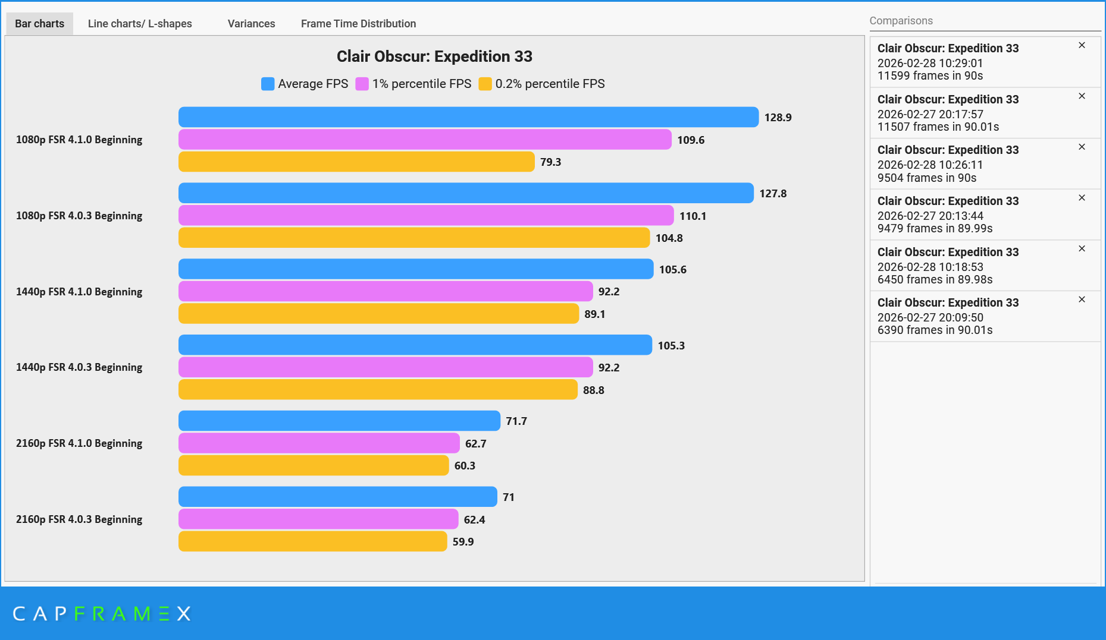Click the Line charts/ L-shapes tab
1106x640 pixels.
pos(140,24)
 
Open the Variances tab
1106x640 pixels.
pos(251,24)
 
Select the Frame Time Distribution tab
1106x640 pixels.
pos(358,24)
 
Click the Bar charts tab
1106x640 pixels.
pos(39,24)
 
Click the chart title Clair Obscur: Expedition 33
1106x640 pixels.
pos(434,56)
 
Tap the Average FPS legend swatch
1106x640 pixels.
pos(268,84)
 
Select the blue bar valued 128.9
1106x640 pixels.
pos(468,117)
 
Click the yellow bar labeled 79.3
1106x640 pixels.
pos(356,162)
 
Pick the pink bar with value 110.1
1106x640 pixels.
pos(426,216)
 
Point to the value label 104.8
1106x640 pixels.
pos(669,238)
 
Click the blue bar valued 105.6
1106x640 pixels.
pos(416,269)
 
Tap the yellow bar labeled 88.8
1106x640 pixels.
pos(378,390)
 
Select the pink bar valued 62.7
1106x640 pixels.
pos(319,443)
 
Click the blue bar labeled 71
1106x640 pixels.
pos(337,497)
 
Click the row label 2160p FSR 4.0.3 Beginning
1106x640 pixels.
pos(79,519)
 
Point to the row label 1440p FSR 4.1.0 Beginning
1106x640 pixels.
pos(79,292)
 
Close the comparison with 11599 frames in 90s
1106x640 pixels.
pos(1082,45)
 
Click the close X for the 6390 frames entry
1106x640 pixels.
pos(1082,299)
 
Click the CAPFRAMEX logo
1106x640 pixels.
pos(102,613)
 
